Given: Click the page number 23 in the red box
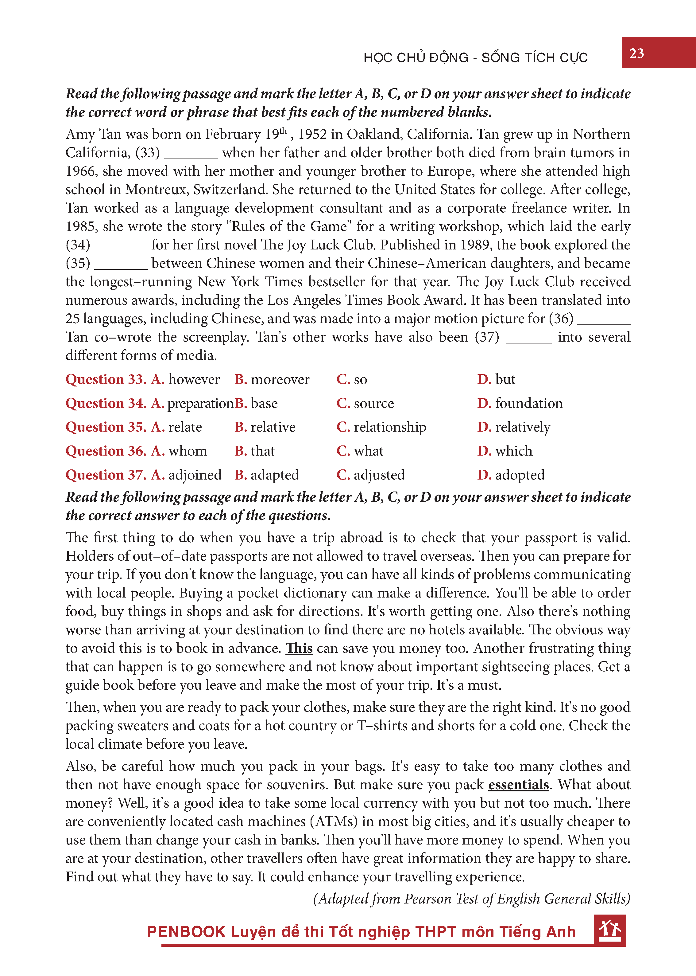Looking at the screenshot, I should point(636,53).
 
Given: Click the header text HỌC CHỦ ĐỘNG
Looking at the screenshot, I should point(416,57).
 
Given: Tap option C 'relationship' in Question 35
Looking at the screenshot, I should point(381,427).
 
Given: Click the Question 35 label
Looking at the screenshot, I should point(106,427).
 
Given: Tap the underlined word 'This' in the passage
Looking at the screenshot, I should point(299,648).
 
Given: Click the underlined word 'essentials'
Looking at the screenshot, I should point(519,784).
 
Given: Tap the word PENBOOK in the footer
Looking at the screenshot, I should point(186,931).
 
